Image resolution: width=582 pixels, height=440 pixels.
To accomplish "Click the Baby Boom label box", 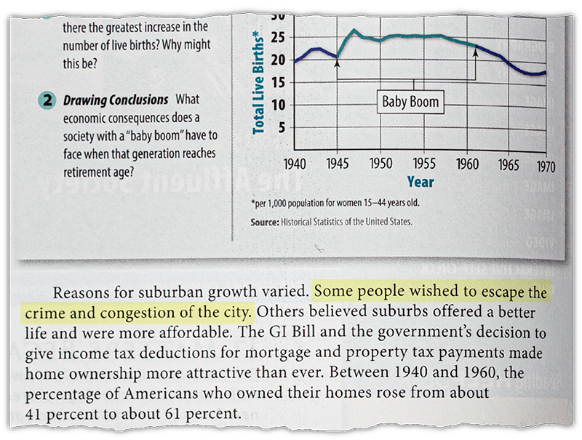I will [x=411, y=101].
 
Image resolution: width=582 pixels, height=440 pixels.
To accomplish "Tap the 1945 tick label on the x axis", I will [x=338, y=164].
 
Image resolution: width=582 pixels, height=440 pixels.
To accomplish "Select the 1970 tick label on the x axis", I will [x=546, y=167].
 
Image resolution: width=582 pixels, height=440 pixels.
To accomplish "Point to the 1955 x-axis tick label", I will [x=423, y=164].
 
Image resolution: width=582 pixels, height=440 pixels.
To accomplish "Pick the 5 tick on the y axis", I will [x=278, y=128].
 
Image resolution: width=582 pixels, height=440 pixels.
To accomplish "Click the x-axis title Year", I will [x=420, y=182].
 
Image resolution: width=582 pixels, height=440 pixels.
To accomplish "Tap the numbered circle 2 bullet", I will [x=47, y=100].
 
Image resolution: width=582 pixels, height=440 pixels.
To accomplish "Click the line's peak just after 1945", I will [x=354, y=31].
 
